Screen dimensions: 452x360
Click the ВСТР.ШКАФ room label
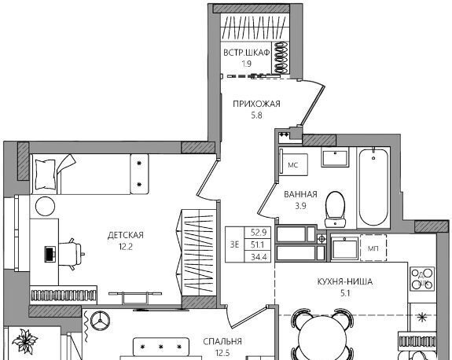pyautogui.click(x=247, y=53)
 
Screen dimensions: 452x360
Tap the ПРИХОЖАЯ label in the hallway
pyautogui.click(x=256, y=104)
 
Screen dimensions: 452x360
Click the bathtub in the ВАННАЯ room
pyautogui.click(x=373, y=187)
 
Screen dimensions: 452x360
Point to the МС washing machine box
pyautogui.click(x=293, y=165)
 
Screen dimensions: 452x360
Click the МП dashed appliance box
pyautogui.click(x=373, y=248)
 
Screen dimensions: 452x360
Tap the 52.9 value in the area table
pyautogui.click(x=259, y=232)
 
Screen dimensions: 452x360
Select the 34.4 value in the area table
pyautogui.click(x=259, y=257)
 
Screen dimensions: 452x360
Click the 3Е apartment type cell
pyautogui.click(x=235, y=244)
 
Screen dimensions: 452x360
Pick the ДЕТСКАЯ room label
pyautogui.click(x=126, y=235)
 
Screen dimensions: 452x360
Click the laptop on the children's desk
pyautogui.click(x=50, y=254)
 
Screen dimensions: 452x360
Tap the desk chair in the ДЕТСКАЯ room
pyautogui.click(x=71, y=254)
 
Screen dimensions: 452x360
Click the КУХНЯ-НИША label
pyautogui.click(x=345, y=281)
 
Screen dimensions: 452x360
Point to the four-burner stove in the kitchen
pyautogui.click(x=422, y=278)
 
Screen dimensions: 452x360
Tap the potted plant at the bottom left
pyautogui.click(x=25, y=341)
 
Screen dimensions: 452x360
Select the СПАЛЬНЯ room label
pyautogui.click(x=222, y=342)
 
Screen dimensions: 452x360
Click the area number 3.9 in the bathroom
pyautogui.click(x=300, y=206)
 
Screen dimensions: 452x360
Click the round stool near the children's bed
pyautogui.click(x=46, y=206)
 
